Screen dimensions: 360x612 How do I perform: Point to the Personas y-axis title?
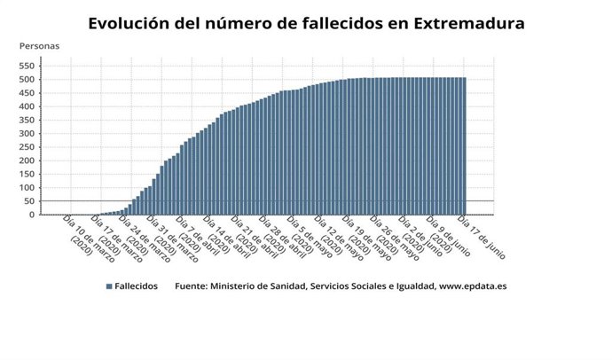[x=39, y=45]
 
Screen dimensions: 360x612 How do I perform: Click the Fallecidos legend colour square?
[x=108, y=286]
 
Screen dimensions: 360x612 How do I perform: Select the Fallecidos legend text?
[x=136, y=286]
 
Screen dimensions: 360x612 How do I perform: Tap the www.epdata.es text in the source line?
[x=473, y=286]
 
